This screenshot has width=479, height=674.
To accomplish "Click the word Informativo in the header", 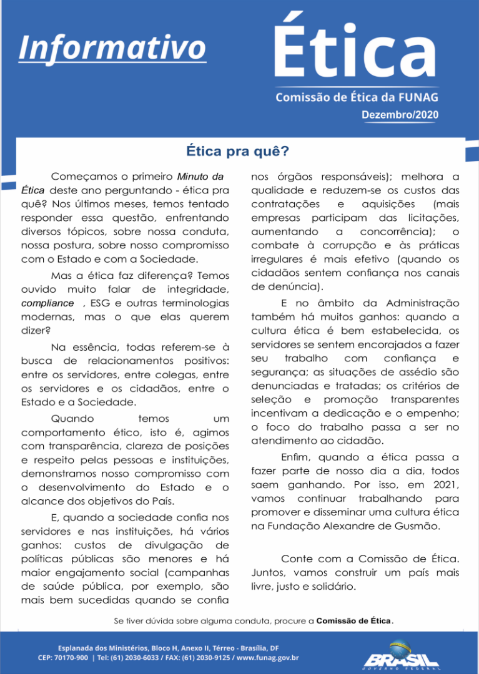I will [x=112, y=47].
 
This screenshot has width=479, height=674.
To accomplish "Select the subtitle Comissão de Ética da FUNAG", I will [x=357, y=97].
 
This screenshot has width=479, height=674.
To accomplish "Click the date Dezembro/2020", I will [x=400, y=115].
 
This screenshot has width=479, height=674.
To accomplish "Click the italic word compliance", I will [x=47, y=303].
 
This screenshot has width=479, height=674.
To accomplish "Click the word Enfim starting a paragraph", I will [x=299, y=457].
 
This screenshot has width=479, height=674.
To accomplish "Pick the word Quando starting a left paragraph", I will [x=72, y=419].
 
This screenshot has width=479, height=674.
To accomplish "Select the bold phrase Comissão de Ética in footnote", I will [x=353, y=621].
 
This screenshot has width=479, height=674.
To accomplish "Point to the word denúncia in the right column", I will [x=286, y=286].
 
